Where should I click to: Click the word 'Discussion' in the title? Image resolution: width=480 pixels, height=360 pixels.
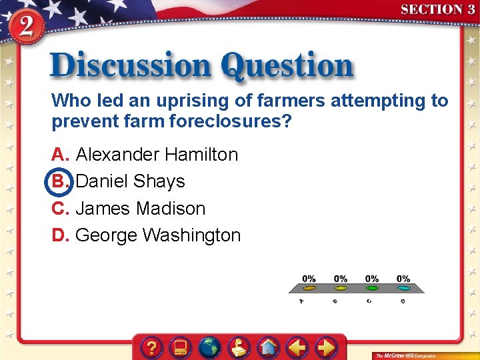pyautogui.click(x=130, y=67)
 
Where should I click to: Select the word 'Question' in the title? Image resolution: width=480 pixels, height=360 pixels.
pyautogui.click(x=287, y=67)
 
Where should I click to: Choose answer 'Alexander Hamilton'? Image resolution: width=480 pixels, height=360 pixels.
pyautogui.click(x=157, y=155)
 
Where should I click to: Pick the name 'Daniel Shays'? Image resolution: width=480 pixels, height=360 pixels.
pyautogui.click(x=131, y=181)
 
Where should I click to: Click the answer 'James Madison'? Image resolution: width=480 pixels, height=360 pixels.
pyautogui.click(x=141, y=209)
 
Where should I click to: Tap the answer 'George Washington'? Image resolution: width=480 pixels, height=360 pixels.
pyautogui.click(x=158, y=235)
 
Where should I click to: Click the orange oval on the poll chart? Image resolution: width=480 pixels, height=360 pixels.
pyautogui.click(x=309, y=289)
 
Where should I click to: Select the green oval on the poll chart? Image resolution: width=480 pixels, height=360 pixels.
pyautogui.click(x=372, y=289)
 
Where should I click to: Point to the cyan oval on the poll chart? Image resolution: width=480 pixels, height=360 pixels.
pyautogui.click(x=403, y=289)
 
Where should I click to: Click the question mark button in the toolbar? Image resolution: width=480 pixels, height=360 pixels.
pyautogui.click(x=153, y=347)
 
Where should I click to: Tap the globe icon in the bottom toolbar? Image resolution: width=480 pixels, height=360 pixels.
pyautogui.click(x=210, y=347)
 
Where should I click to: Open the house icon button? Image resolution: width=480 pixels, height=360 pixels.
pyautogui.click(x=268, y=347)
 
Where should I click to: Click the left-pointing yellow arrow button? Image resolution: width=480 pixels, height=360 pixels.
pyautogui.click(x=297, y=347)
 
